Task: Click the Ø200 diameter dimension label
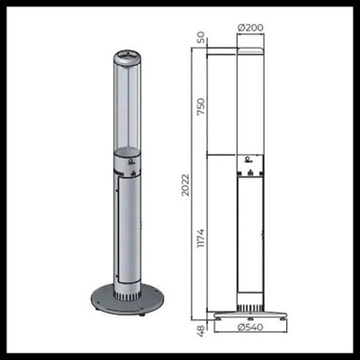coord(250,27)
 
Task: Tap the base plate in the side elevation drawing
coord(249,316)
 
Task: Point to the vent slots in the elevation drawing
coord(249,300)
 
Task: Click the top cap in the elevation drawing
coord(249,44)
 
